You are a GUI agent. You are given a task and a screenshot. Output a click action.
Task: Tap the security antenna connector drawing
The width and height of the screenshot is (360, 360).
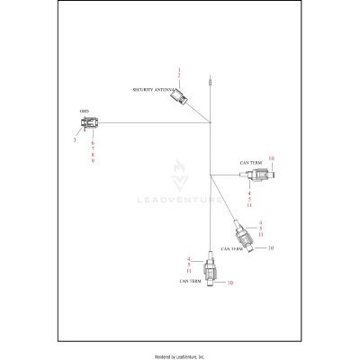click(x=181, y=98)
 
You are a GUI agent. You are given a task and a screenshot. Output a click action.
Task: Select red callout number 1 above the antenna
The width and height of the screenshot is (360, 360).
click(x=180, y=68)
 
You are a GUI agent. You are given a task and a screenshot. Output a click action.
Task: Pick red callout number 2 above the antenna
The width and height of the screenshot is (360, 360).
click(x=180, y=76)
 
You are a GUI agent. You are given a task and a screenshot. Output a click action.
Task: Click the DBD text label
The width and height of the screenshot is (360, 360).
click(x=84, y=111)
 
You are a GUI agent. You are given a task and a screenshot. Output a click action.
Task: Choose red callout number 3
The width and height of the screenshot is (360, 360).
click(x=74, y=140)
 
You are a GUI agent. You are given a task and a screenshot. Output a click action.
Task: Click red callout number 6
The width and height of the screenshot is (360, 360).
click(x=93, y=143)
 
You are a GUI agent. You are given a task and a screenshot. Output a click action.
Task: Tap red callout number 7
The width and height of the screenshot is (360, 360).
click(x=93, y=149)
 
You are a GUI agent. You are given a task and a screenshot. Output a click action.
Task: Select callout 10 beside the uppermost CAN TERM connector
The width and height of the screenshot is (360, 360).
click(x=271, y=159)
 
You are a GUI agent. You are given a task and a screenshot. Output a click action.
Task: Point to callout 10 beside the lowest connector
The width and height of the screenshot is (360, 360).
click(x=230, y=283)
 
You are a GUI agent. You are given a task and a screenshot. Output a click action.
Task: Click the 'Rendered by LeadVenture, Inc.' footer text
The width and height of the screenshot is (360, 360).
click(x=180, y=356)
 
